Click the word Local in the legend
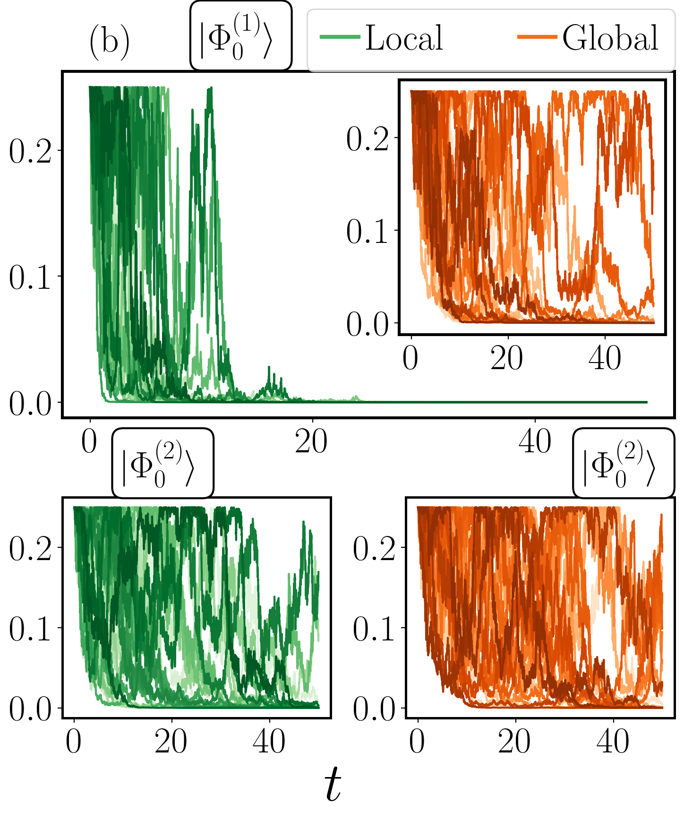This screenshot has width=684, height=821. pyautogui.click(x=404, y=38)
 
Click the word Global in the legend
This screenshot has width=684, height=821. pyautogui.click(x=610, y=38)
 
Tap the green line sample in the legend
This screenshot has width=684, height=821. pyautogui.click(x=340, y=37)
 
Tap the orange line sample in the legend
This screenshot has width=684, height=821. pyautogui.click(x=537, y=37)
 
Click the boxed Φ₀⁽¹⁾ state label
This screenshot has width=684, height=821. pyautogui.click(x=240, y=36)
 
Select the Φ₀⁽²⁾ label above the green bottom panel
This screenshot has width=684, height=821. pyautogui.click(x=162, y=463)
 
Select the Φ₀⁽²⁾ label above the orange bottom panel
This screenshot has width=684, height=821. pyautogui.click(x=623, y=463)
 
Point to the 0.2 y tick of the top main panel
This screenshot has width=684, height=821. pyautogui.click(x=30, y=151)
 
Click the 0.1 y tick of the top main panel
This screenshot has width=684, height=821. pyautogui.click(x=30, y=277)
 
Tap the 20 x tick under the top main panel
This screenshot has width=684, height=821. pyautogui.click(x=311, y=442)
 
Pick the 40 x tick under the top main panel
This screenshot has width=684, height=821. pyautogui.click(x=535, y=442)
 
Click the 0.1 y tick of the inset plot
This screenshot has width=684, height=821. pyautogui.click(x=368, y=231)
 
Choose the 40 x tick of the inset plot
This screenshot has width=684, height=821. pyautogui.click(x=605, y=359)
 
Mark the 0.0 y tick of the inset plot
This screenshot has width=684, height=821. pyautogui.click(x=368, y=324)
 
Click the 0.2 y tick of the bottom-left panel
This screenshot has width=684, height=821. pyautogui.click(x=30, y=549)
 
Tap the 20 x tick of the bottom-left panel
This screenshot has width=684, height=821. pyautogui.click(x=171, y=743)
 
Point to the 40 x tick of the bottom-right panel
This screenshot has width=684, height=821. pyautogui.click(x=613, y=743)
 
